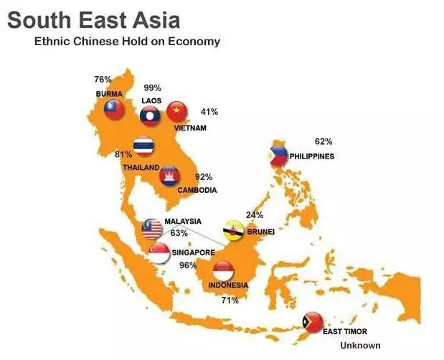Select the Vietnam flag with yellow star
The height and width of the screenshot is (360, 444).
(177, 112)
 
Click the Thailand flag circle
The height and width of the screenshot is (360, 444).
(145, 146)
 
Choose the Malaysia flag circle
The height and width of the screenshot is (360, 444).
(153, 228)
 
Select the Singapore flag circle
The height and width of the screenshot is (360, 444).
(159, 252)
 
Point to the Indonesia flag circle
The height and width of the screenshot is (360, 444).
(225, 270)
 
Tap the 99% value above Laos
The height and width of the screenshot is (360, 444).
(153, 87)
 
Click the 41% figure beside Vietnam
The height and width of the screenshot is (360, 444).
(209, 112)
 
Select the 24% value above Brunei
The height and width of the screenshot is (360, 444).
(254, 214)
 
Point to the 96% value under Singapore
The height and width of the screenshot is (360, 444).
(188, 265)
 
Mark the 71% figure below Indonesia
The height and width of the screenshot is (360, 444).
(230, 300)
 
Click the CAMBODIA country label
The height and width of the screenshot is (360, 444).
(197, 190)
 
